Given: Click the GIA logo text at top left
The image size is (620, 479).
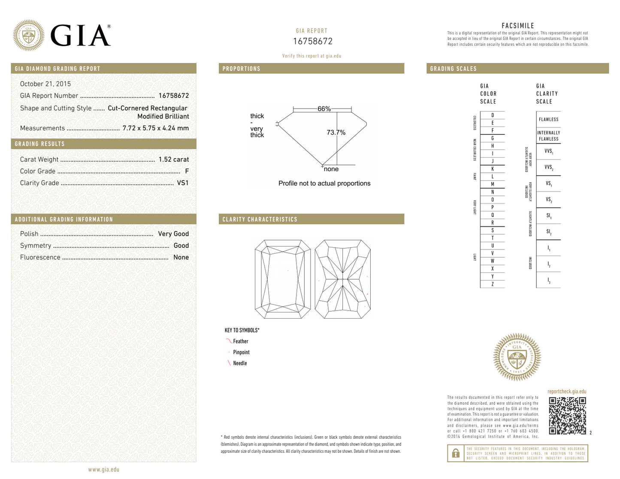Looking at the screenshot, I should [80, 36].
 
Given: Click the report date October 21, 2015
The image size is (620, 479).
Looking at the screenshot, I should [45, 84].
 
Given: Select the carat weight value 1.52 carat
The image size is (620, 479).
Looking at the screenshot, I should [173, 160].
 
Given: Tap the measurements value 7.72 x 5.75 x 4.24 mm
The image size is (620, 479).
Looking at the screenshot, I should [155, 128].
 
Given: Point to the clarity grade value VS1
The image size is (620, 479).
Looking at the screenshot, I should [183, 183].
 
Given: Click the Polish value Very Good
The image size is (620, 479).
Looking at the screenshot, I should [173, 234].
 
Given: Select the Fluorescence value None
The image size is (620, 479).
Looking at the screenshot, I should [181, 257].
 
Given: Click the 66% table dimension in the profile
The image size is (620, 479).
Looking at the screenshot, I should [324, 109].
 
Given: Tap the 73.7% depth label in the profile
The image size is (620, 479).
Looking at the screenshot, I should [336, 133].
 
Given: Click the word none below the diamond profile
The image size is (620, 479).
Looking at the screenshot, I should [331, 169].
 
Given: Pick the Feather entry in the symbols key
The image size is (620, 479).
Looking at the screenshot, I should [240, 341].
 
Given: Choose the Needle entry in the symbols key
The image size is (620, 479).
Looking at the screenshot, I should [239, 363].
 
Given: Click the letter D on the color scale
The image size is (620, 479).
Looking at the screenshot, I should [492, 115].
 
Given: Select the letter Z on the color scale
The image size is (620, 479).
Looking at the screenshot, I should [492, 284].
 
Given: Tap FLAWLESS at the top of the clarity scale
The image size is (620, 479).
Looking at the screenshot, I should [548, 120].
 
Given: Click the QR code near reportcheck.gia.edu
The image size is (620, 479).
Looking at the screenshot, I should [567, 416].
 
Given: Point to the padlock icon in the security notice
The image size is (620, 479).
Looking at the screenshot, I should [456, 453].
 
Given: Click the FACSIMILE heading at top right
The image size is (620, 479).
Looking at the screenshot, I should [517, 26].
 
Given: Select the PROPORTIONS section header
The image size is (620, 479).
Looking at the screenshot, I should [241, 69].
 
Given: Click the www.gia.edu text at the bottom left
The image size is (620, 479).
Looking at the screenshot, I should [103, 470].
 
